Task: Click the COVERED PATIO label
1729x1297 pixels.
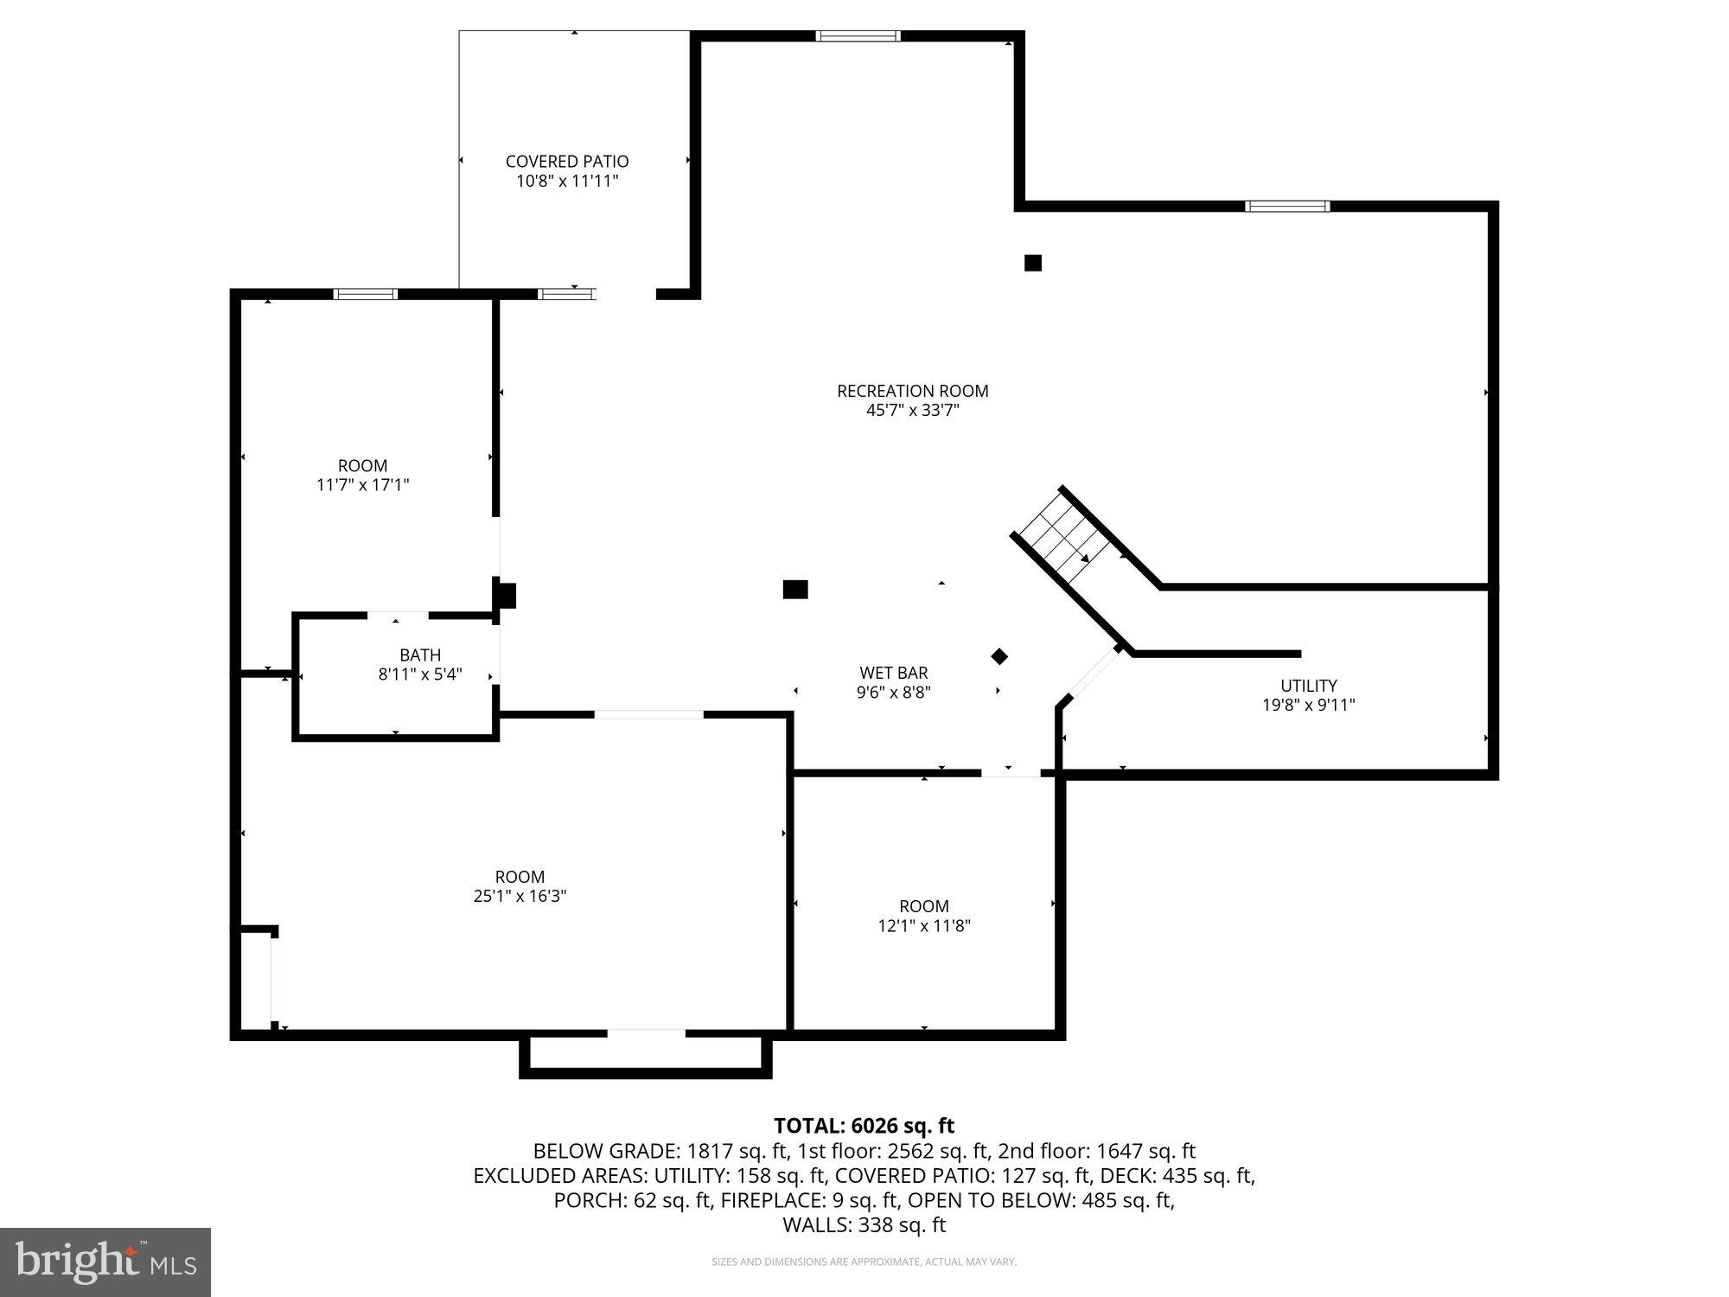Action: (567, 162)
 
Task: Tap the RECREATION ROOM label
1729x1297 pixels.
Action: (912, 391)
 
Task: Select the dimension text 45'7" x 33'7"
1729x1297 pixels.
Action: (912, 411)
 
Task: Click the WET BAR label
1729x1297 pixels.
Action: (893, 673)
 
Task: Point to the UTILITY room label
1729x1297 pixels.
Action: (1308, 686)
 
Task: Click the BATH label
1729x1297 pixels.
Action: (420, 655)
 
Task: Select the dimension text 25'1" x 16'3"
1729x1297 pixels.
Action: (520, 897)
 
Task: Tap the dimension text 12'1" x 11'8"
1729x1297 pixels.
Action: (924, 926)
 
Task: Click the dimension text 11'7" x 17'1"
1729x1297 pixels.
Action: (362, 485)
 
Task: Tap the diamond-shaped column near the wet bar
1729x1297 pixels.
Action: (999, 656)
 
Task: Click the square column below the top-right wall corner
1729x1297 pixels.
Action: (1032, 263)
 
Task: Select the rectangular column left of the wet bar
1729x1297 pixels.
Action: (795, 590)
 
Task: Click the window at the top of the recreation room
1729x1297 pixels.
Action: (858, 36)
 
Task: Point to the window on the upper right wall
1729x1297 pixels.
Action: (1286, 206)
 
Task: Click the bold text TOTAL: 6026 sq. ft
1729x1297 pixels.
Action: (864, 1126)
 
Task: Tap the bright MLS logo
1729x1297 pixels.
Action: (105, 1262)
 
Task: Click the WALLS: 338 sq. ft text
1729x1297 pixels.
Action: (864, 1225)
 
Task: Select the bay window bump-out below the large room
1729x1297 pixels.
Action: (646, 1055)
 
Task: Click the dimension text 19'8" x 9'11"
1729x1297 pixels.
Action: (1308, 706)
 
